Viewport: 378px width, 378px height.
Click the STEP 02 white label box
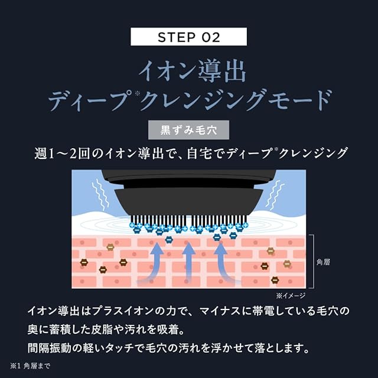[188, 37]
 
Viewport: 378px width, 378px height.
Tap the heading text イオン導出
[192, 71]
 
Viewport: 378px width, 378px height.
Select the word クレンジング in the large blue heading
[203, 100]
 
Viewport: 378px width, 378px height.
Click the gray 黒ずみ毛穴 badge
[188, 130]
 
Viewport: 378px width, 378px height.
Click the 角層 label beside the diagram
[323, 262]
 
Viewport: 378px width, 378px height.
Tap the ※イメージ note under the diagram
[291, 295]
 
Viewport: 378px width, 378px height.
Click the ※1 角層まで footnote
[30, 366]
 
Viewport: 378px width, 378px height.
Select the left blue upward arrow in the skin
[154, 263]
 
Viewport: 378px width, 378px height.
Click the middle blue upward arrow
[189, 263]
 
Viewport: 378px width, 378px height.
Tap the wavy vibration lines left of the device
[100, 195]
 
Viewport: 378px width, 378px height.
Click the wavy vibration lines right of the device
[275, 194]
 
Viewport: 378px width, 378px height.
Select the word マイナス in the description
[220, 311]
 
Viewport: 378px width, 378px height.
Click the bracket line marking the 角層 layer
[313, 261]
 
